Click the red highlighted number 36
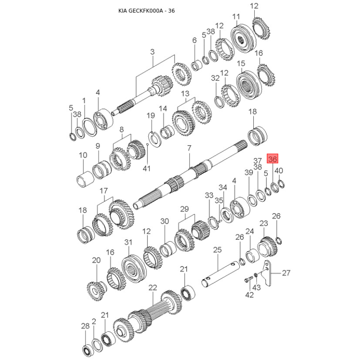[272, 158]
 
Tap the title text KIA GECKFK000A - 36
[147, 11]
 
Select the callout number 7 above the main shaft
[189, 148]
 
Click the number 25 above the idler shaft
[217, 250]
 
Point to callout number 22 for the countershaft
[153, 287]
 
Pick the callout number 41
[147, 168]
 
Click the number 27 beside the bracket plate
[286, 273]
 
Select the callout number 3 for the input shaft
[152, 52]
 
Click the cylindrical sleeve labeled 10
[85, 181]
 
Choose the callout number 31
[128, 242]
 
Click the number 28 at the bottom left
[85, 326]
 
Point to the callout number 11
[236, 17]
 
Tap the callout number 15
[241, 63]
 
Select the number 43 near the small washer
[256, 288]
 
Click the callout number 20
[96, 260]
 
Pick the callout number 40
[279, 171]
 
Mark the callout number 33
[209, 195]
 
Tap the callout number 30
[164, 221]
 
